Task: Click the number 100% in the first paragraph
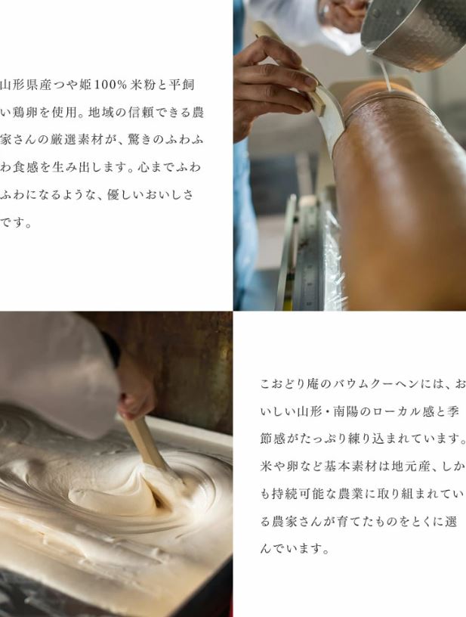(x=109, y=85)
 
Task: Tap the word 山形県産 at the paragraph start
(x=26, y=85)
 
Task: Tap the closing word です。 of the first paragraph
(x=16, y=222)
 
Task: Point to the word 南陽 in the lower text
(x=346, y=411)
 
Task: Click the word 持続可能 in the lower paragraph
(x=298, y=494)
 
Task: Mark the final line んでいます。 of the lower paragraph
(x=295, y=548)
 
